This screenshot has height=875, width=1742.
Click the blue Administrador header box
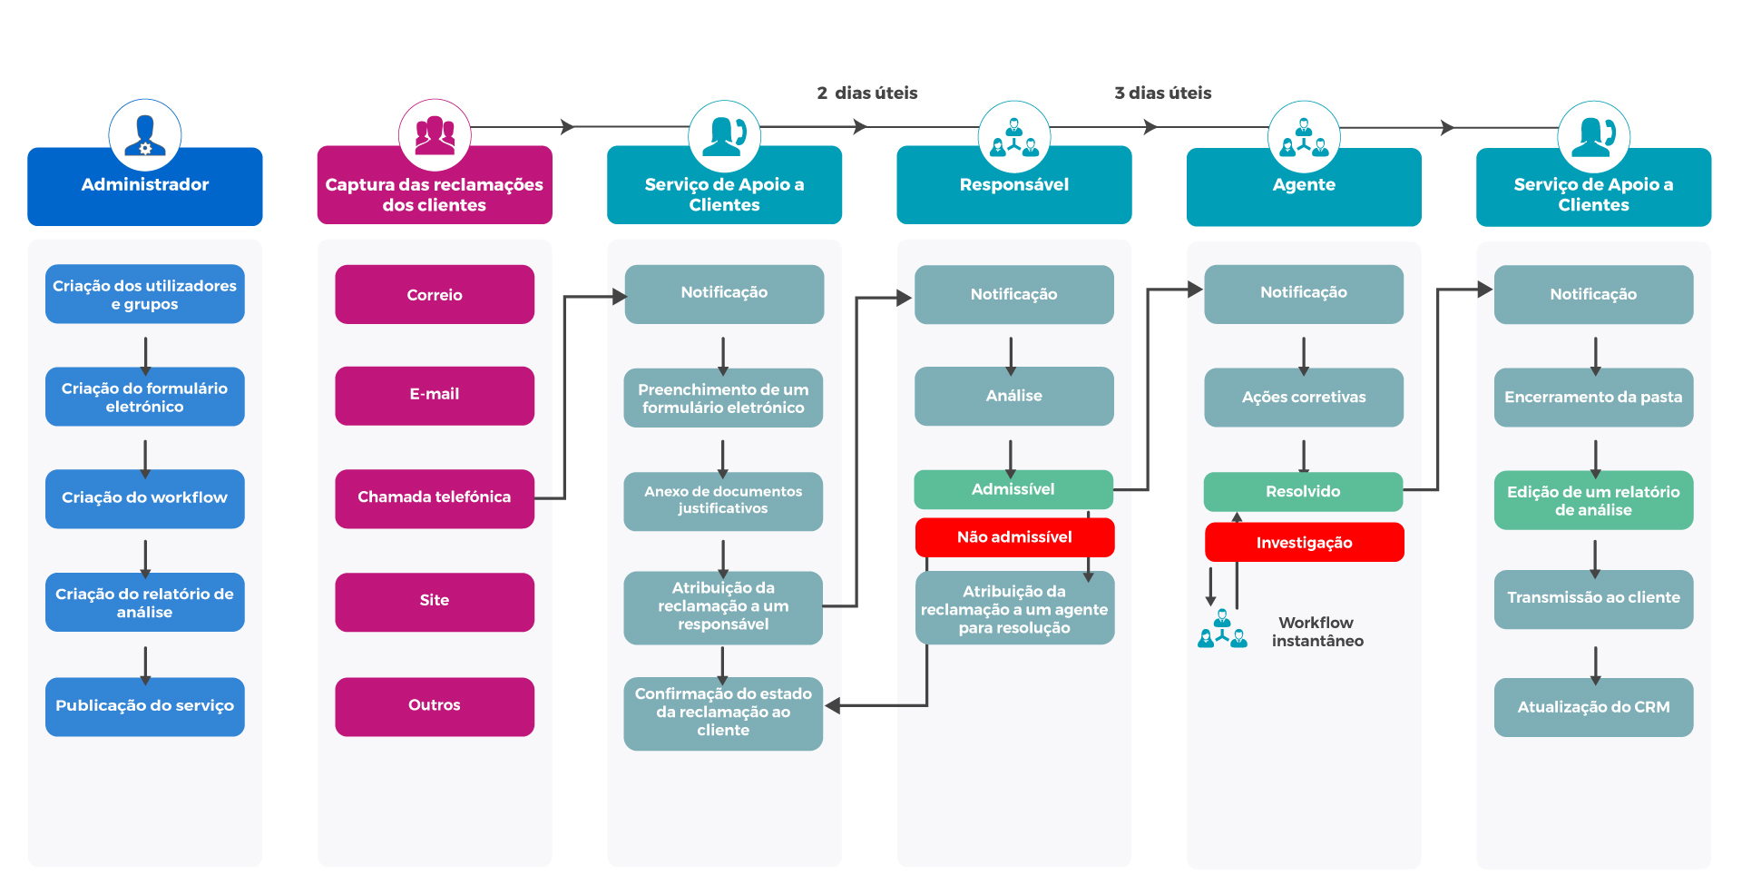pos(145,186)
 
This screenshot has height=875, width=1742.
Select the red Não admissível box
pos(1014,537)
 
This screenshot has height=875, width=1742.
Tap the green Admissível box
pos(1013,489)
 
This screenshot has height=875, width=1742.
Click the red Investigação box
pos(1304,543)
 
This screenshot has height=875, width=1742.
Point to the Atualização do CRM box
pos(1593,707)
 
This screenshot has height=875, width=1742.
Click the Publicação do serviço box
pos(145,706)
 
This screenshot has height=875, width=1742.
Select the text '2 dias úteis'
pos(867,93)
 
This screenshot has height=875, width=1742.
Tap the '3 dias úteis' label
pos(1163,93)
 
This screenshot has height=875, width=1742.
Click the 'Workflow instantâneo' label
pos(1317,632)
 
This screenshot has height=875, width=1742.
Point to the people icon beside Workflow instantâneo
pos(1222,628)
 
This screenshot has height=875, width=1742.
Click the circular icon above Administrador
pos(145,135)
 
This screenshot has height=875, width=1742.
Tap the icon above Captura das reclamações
pos(435,135)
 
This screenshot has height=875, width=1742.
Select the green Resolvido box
pos(1303,491)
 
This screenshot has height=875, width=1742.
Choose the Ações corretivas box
pos(1304,397)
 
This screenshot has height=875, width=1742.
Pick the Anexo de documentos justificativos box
pos(723,501)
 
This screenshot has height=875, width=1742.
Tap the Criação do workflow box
pos(145,498)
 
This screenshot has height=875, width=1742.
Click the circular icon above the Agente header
pos(1304,137)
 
